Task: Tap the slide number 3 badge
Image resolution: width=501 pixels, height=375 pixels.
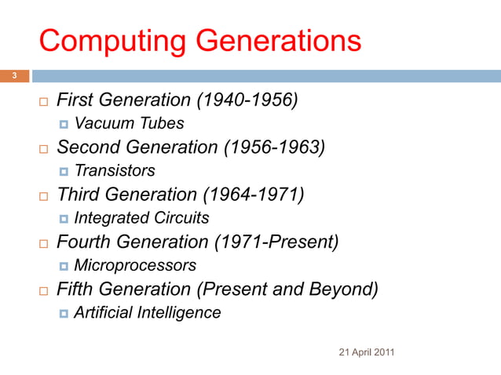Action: (13, 76)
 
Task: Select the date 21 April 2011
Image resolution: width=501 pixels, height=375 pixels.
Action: (366, 351)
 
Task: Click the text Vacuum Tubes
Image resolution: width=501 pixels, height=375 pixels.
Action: (129, 124)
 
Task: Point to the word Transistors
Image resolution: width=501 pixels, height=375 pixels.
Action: (114, 171)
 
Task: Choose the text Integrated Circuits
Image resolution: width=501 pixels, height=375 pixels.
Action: (141, 218)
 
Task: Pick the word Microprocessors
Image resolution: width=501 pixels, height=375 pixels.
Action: (134, 266)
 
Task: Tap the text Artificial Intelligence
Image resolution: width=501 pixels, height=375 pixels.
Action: (147, 313)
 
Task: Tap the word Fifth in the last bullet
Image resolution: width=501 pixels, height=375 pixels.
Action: (76, 289)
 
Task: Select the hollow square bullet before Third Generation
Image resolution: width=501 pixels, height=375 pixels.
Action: (44, 196)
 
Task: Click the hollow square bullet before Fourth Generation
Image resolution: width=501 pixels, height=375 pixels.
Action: (44, 243)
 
